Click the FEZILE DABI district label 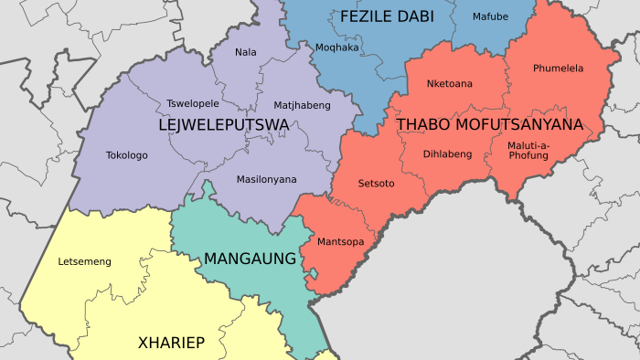(386, 17)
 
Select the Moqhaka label (336, 47)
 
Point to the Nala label (245, 52)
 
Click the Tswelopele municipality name (193, 103)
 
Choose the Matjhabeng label (302, 105)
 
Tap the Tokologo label (126, 155)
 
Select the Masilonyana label (266, 179)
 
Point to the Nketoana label (450, 84)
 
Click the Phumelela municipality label (558, 68)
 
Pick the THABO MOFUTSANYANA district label (489, 123)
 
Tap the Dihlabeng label (447, 154)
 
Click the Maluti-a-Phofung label (528, 150)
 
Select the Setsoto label (376, 184)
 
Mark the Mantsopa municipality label (339, 242)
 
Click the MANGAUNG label (250, 259)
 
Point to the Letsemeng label (84, 262)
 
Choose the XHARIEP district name (170, 343)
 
